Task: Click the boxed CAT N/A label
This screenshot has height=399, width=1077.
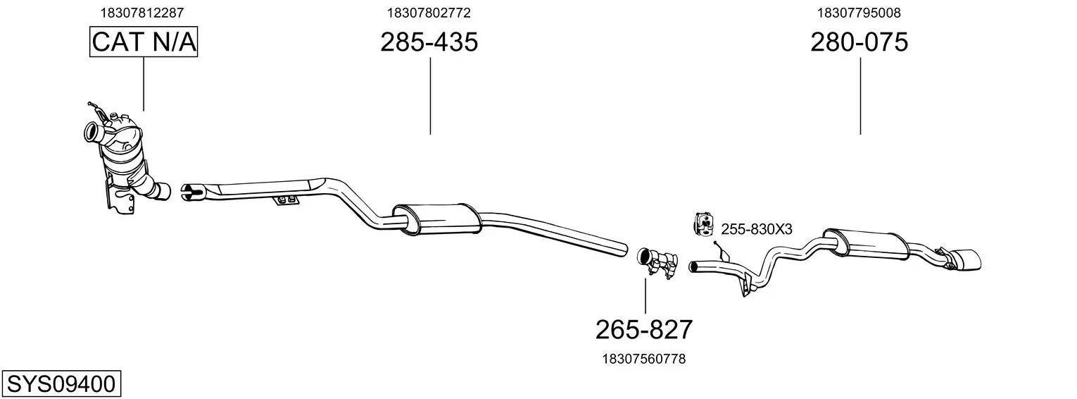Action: coord(144,42)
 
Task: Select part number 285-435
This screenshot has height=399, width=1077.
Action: coord(429,42)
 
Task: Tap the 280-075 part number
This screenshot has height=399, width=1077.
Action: coord(859,42)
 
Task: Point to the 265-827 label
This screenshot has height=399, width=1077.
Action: coord(644,330)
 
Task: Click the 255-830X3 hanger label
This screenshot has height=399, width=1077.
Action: coord(756,229)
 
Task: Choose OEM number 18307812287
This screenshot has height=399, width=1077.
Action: coord(141,13)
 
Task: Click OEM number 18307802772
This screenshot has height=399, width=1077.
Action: coord(429,13)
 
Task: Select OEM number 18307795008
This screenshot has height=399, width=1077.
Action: coord(859,13)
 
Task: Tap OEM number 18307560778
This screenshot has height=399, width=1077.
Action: coord(644,359)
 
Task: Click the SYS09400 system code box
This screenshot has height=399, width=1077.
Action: coord(61,384)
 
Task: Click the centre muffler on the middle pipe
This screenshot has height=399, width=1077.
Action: coord(436,219)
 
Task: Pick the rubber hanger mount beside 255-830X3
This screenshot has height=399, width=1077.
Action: coord(703,224)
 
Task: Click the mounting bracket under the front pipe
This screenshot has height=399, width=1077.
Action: coord(285,200)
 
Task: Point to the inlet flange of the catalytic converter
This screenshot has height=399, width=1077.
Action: coord(92,133)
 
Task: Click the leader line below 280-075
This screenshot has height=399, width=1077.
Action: coord(860,96)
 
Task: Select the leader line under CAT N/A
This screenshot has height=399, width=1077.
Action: coord(144,84)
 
